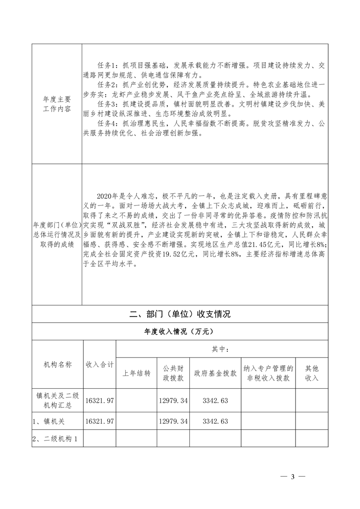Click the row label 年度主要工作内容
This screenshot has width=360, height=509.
(57, 103)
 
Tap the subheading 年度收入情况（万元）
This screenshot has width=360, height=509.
(180, 332)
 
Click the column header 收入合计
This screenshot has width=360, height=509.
(100, 364)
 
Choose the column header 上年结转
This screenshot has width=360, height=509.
(137, 373)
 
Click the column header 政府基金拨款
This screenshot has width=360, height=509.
(215, 373)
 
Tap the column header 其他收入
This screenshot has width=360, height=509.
(311, 373)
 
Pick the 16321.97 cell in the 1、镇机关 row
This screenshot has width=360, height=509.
(100, 421)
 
